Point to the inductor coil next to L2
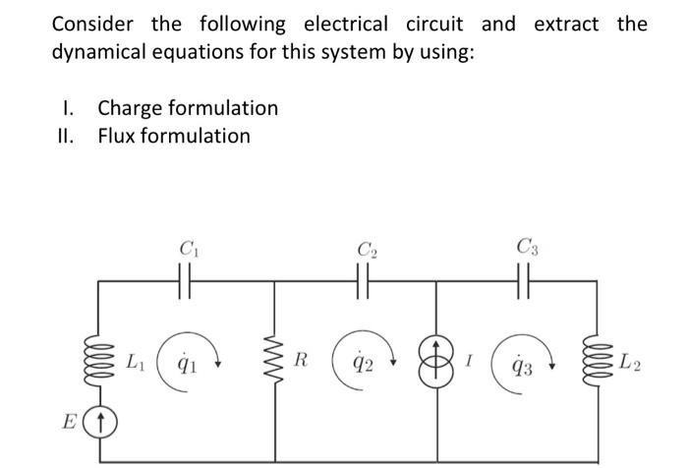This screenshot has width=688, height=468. (x=596, y=361)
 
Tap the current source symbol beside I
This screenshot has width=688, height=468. (x=434, y=361)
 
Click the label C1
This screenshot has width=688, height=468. (x=187, y=248)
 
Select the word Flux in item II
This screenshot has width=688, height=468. (x=118, y=136)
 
